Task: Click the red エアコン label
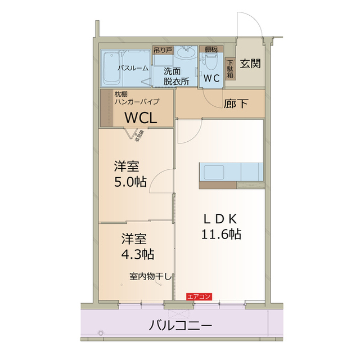pyautogui.click(x=199, y=296)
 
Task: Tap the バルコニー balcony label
pyautogui.click(x=181, y=325)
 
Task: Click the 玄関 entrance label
pyautogui.click(x=250, y=64)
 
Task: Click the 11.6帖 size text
pyautogui.click(x=222, y=234)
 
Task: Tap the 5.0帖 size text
pyautogui.click(x=130, y=182)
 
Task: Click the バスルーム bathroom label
pyautogui.click(x=133, y=68)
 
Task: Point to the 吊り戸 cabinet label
pyautogui.click(x=163, y=50)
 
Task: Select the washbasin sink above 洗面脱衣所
pyautogui.click(x=184, y=55)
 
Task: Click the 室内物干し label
pyautogui.click(x=150, y=276)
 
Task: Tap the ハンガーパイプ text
pyautogui.click(x=137, y=102)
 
